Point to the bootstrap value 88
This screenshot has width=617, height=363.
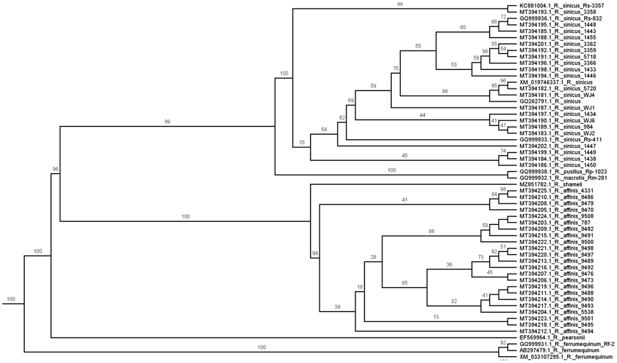(431, 231)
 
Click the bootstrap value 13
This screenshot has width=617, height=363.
(436, 317)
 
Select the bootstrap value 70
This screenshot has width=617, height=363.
(302, 142)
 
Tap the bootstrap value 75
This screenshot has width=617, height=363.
(396, 69)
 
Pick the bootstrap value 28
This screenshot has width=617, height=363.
(373, 257)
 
